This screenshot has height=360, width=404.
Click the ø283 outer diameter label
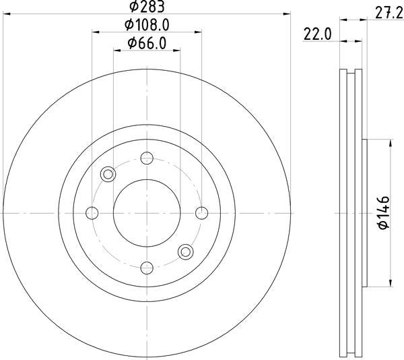[x=147, y=7]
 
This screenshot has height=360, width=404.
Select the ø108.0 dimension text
[x=147, y=25]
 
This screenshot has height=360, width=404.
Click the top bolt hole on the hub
[x=147, y=159]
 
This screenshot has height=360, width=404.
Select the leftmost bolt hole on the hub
[x=93, y=213]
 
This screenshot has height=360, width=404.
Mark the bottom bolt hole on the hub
[x=147, y=267]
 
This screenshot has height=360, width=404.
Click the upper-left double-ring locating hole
[x=108, y=175]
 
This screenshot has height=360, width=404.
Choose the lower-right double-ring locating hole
[x=185, y=251]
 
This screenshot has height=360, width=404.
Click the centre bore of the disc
[x=147, y=213]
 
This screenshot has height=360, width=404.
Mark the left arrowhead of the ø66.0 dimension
[x=116, y=50]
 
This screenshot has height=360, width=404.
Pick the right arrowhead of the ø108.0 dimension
[x=197, y=31]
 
